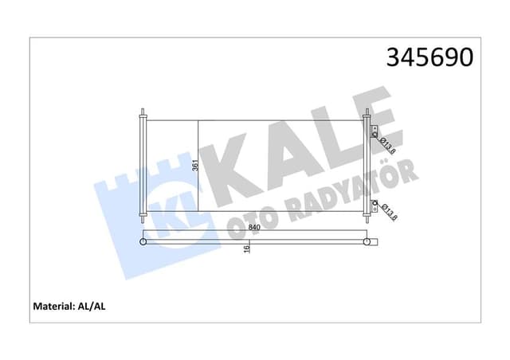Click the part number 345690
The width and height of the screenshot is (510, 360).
coord(430,57)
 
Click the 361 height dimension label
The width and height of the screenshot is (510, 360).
coord(194,166)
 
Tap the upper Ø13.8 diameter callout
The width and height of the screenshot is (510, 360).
coord(388,146)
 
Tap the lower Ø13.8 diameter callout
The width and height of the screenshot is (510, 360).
coord(388,212)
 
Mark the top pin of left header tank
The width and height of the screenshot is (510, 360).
coord(143,112)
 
